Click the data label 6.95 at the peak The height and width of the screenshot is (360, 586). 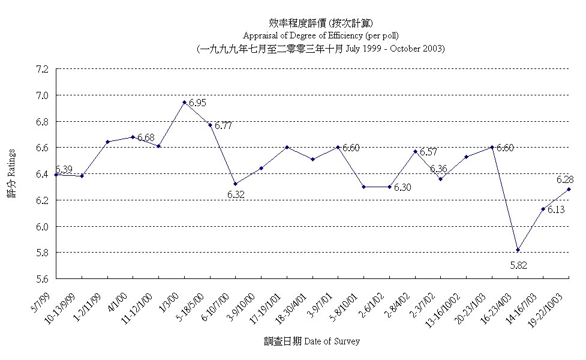(x=197, y=103)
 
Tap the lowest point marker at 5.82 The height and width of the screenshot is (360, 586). (x=518, y=250)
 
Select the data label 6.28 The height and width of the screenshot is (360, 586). (x=565, y=179)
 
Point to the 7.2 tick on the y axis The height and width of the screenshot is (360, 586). (x=42, y=69)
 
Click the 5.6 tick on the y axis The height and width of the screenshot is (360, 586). (x=42, y=279)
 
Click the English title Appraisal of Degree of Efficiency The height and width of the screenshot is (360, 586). (x=320, y=35)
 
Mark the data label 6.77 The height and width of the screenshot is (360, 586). (x=223, y=125)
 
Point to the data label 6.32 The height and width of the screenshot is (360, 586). (x=236, y=194)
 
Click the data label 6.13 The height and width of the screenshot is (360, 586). (x=556, y=209)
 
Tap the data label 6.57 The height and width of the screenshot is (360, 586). (x=428, y=152)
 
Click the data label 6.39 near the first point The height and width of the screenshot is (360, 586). (x=64, y=170)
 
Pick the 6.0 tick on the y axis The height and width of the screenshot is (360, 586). (x=42, y=227)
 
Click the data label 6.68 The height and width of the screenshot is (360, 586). (x=146, y=137)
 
